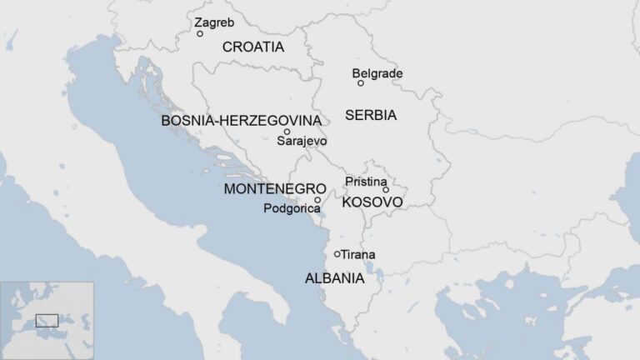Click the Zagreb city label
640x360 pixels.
coord(214,22)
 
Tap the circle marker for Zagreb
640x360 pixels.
coord(200,34)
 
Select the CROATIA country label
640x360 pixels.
coord(252,47)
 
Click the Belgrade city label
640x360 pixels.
coord(377,73)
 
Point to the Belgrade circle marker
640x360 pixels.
coord(361,83)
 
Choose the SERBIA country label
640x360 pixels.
coord(370,115)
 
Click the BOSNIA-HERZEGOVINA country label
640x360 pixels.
coord(241,121)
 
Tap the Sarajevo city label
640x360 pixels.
coord(302,142)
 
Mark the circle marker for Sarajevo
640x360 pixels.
coord(287,132)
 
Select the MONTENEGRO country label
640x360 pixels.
coord(274,189)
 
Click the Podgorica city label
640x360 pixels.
coord(291,208)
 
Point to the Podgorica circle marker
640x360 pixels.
coord(317,200)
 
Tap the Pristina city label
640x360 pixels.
coord(365,182)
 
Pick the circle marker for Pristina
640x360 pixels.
coord(386,190)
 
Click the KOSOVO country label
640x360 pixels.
coord(372,202)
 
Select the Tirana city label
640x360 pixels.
coord(358,254)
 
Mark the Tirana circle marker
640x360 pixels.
coord(337,254)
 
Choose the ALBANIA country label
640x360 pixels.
coord(334,278)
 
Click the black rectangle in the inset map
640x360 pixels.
coord(47,320)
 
